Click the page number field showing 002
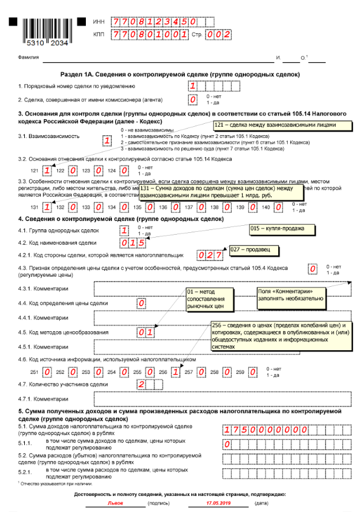(218, 35)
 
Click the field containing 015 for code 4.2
(129, 244)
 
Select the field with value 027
(210, 255)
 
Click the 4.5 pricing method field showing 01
(146, 332)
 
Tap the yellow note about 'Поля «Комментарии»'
(290, 295)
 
